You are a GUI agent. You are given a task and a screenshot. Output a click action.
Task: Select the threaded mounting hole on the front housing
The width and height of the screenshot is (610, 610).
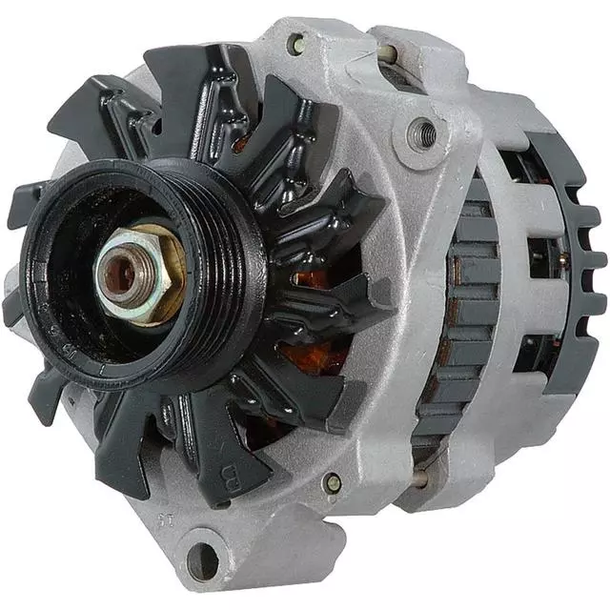pos(420,132)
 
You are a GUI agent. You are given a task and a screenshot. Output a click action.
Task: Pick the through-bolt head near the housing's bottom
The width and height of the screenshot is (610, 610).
pos(333,483)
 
